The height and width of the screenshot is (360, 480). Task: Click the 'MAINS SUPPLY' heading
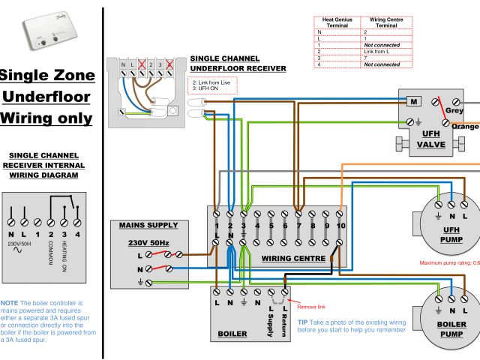coord(148,225)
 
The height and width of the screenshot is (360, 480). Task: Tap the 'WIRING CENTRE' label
coord(293,258)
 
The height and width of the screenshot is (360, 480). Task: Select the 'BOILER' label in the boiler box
coord(232,334)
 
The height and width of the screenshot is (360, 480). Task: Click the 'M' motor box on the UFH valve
coord(412,101)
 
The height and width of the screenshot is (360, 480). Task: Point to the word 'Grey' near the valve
coord(454,110)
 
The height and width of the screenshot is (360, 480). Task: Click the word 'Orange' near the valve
coord(465,127)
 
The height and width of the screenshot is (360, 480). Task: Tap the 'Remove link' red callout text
coord(311,307)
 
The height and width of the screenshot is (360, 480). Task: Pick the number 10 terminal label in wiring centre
coord(340,225)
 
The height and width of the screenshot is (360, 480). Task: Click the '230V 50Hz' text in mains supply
coord(148,243)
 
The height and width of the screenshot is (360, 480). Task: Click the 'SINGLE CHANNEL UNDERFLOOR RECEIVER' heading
coord(238,63)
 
